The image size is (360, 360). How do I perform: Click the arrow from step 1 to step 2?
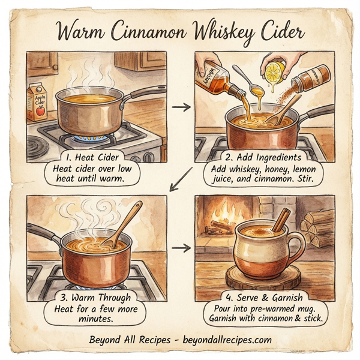click(179, 107)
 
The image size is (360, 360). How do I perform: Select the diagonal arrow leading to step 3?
click(179, 181)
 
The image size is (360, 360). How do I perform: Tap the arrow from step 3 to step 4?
click(179, 247)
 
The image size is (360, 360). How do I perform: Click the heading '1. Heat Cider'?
click(92, 157)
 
